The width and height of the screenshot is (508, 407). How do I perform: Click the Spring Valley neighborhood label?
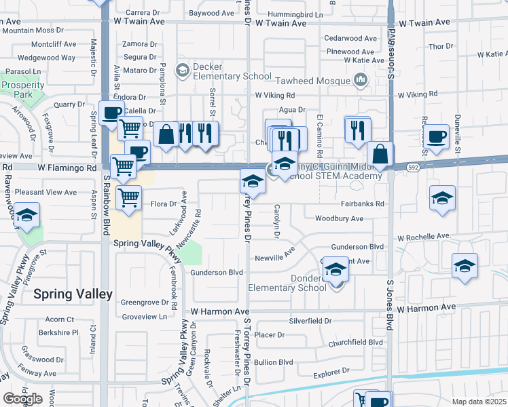click(x=73, y=294)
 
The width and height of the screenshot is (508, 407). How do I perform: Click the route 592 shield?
click(x=412, y=167)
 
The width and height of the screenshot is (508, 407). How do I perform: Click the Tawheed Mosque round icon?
click(x=361, y=81)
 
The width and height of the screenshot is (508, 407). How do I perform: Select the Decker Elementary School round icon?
click(x=182, y=69)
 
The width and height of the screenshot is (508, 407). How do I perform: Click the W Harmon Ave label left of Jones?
click(x=221, y=311)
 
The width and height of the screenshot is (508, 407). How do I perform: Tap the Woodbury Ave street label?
click(x=339, y=218)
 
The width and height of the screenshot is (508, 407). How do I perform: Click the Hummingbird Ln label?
click(x=295, y=14)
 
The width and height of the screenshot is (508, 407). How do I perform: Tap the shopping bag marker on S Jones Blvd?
click(x=381, y=155)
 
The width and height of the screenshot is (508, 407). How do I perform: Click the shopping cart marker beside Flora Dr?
click(x=128, y=198)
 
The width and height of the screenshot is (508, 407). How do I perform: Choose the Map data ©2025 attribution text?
click(x=479, y=402)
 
